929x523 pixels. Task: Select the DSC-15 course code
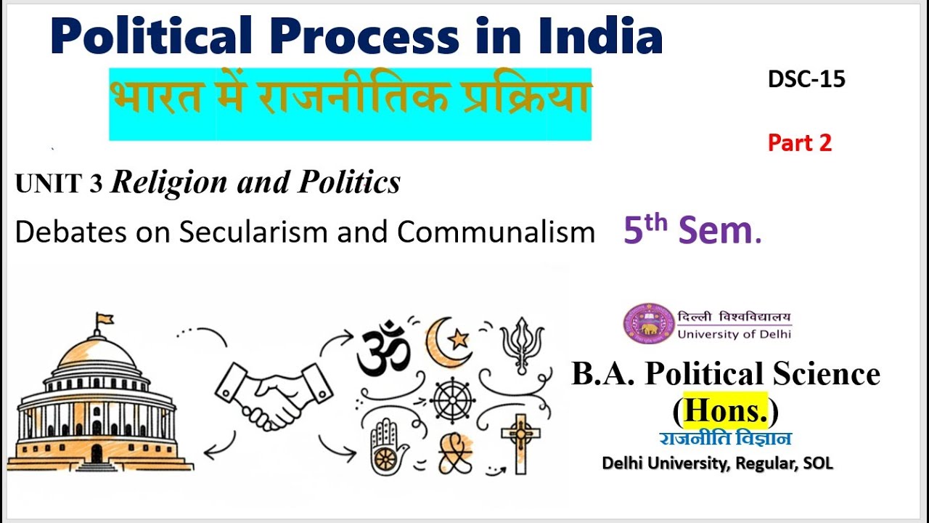pyautogui.click(x=806, y=79)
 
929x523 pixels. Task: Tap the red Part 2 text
pyautogui.click(x=800, y=143)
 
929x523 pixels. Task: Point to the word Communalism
pyautogui.click(x=496, y=232)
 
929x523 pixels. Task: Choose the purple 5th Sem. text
pyautogui.click(x=692, y=230)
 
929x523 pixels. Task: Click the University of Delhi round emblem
pyautogui.click(x=648, y=323)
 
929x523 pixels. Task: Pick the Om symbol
pyautogui.click(x=383, y=349)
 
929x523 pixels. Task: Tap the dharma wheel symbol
pyautogui.click(x=452, y=400)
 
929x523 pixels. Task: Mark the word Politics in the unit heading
pyautogui.click(x=355, y=183)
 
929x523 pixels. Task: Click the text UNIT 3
pyautogui.click(x=59, y=185)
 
